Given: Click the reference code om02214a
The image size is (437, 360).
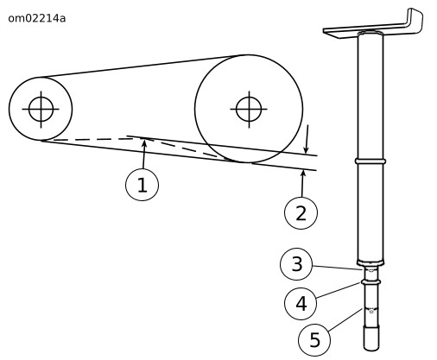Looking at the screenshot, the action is pos(37,18).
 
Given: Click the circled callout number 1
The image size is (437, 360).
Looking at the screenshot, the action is pos(142,185).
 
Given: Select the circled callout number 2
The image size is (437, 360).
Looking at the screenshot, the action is pos(301,213).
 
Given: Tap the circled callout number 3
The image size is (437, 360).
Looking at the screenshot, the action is pos(296,264).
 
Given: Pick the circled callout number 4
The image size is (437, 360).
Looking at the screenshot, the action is pos(301,303).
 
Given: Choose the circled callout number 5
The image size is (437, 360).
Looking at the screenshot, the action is pos(314,340).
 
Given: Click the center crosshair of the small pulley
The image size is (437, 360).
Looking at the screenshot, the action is pos(41,110).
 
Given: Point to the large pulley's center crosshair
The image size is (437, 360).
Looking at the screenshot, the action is pos(249,110).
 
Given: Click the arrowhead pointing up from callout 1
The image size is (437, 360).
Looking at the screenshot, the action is pos(144,143).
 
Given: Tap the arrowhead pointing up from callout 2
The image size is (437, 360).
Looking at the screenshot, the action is pos(303,174).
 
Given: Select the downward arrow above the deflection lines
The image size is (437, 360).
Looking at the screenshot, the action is pos(307,139).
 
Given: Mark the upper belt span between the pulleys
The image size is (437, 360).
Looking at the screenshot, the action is pos(141,66).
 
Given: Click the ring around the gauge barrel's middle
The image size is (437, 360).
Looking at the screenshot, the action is pos(370,161).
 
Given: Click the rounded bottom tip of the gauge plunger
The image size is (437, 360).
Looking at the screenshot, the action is pos(371,347).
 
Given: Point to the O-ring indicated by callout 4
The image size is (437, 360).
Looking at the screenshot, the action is pos(370,282).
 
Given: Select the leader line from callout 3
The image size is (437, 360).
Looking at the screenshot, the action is pos(338,268).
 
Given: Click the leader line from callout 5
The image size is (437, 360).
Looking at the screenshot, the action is pos(345,319).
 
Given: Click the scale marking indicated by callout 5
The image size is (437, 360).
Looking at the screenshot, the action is pos(371,310).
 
